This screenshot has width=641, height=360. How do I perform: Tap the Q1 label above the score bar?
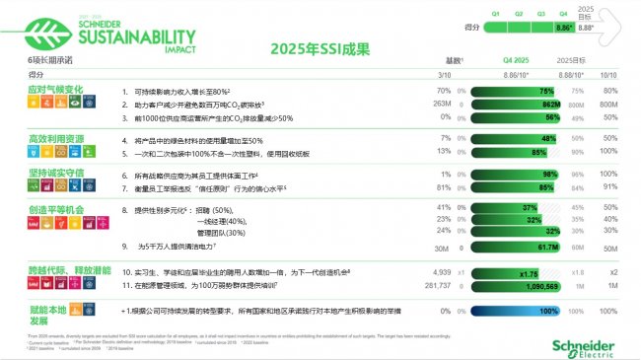[495, 14]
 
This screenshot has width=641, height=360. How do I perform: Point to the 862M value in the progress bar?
[551, 103]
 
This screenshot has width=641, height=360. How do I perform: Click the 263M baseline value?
[442, 103]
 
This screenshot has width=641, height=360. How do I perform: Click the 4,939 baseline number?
[441, 270]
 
